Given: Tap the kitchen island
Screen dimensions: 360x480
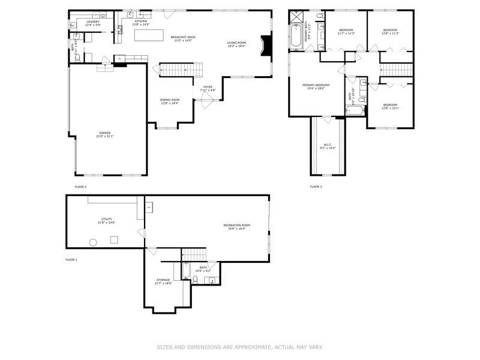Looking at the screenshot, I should click(x=148, y=35).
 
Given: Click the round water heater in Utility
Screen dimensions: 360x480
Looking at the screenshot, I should click(x=94, y=242).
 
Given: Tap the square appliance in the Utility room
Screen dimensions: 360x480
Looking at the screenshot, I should click(x=113, y=239).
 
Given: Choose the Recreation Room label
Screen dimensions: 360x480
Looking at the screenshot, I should click(x=236, y=226).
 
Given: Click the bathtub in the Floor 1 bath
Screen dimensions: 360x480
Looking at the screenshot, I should click(x=186, y=273).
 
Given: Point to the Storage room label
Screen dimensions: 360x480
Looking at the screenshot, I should click(x=163, y=280).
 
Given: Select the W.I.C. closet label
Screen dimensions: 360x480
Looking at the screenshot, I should click(x=328, y=145).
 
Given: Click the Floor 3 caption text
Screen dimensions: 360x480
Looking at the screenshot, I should click(x=316, y=187).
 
